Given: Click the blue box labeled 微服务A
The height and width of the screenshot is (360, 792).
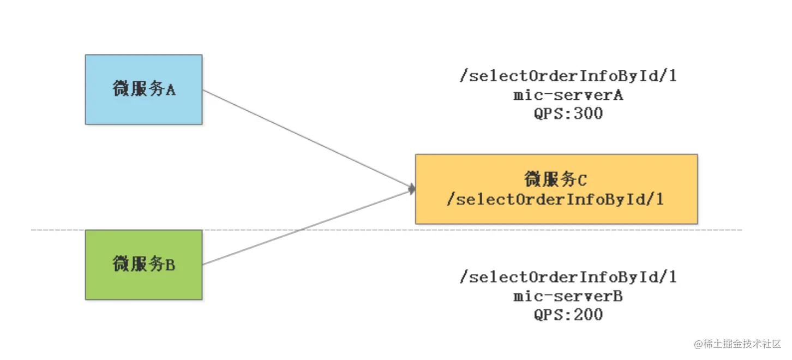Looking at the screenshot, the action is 143,89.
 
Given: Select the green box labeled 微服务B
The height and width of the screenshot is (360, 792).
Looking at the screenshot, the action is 143,265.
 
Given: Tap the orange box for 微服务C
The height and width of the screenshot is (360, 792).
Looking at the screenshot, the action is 556,189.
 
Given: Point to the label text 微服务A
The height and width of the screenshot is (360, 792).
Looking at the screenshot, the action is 144,88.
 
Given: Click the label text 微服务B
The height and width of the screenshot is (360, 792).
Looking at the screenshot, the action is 144,264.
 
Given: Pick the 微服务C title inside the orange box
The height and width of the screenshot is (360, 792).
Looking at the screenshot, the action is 555,179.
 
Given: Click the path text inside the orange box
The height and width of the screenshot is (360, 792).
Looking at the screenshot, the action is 555,200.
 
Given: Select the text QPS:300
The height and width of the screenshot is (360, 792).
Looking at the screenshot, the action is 568,113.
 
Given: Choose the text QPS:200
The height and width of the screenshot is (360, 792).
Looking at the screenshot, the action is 568,315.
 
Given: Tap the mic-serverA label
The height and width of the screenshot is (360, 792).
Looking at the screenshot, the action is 568,95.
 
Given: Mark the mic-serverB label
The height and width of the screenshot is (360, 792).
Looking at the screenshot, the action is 568,296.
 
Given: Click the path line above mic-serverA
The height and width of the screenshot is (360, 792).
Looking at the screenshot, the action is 568,76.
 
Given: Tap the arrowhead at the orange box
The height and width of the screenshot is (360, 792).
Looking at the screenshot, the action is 412,189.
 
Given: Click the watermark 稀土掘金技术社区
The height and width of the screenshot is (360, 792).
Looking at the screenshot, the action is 737,344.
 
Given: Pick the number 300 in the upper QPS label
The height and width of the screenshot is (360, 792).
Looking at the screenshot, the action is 589,113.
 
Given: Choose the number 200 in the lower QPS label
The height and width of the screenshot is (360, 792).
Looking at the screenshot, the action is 589,315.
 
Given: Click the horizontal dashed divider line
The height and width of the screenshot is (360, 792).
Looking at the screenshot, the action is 386,230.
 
